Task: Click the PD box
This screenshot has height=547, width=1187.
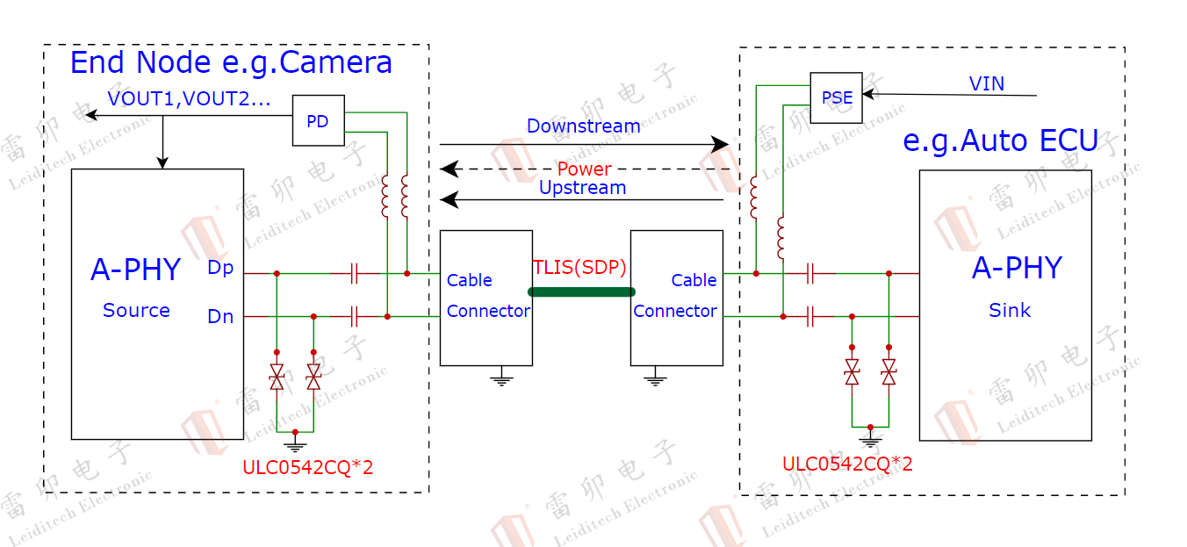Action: click(318, 120)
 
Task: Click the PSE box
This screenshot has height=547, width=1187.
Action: click(836, 97)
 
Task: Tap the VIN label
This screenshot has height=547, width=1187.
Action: click(987, 83)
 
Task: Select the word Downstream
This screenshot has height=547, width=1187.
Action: click(583, 126)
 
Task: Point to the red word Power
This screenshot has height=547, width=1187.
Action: click(584, 169)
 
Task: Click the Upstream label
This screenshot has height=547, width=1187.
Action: click(582, 187)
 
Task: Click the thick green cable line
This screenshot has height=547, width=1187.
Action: click(581, 291)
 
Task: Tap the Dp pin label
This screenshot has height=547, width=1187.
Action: click(220, 267)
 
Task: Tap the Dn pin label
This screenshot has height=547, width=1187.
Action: click(220, 316)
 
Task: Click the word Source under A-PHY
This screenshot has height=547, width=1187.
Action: click(136, 310)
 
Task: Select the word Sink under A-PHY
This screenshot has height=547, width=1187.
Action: click(1010, 310)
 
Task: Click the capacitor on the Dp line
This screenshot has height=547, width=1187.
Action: click(354, 273)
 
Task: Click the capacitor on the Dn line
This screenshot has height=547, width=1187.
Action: click(354, 316)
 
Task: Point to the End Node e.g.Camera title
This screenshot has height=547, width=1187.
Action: click(231, 62)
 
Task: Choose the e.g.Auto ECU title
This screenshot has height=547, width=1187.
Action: click(1000, 140)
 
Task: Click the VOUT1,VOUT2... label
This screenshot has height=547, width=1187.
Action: click(189, 98)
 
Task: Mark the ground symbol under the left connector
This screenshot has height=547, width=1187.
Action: click(501, 379)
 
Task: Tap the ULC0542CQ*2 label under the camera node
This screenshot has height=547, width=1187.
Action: click(307, 467)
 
